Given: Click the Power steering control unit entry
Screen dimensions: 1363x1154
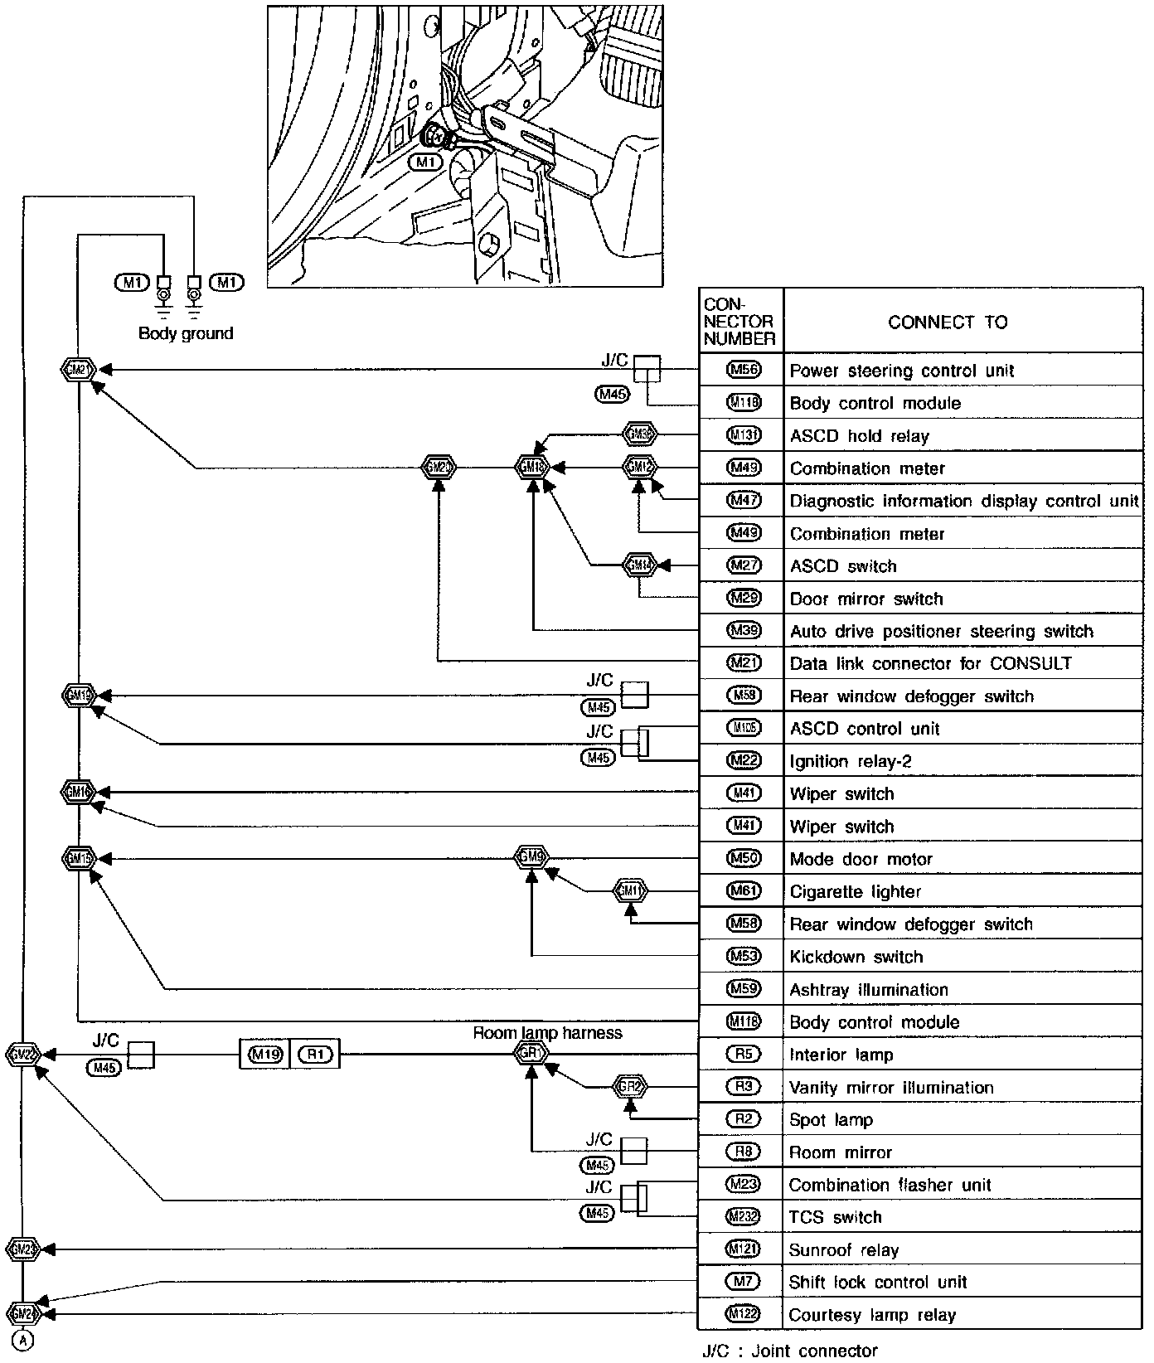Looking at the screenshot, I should [901, 371].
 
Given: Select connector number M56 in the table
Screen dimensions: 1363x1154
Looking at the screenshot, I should [743, 370].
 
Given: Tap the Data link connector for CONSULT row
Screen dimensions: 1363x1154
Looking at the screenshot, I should [930, 663].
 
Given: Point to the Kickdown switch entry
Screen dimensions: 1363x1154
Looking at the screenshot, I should [856, 957].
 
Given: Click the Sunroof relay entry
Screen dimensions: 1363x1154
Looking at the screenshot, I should [843, 1250].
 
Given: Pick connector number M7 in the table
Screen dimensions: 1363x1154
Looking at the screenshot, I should [743, 1282].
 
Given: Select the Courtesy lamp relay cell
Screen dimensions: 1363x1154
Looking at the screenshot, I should [872, 1315].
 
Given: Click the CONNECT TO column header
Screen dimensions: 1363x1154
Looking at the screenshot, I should [948, 322].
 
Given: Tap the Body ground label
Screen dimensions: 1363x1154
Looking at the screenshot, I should [186, 333].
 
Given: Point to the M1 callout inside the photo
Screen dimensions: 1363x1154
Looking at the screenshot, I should [426, 162].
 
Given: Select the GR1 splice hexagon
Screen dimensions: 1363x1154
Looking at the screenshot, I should [531, 1054].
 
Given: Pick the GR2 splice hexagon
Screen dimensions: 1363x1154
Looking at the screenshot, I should [630, 1086].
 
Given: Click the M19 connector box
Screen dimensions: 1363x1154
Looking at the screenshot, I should [265, 1055].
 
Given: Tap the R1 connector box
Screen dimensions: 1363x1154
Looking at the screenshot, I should [315, 1055].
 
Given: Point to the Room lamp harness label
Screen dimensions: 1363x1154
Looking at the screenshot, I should [547, 1033].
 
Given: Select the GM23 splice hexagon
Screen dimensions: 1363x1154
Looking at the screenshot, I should [22, 1249].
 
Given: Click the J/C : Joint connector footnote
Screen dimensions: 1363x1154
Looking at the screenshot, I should [789, 1351].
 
